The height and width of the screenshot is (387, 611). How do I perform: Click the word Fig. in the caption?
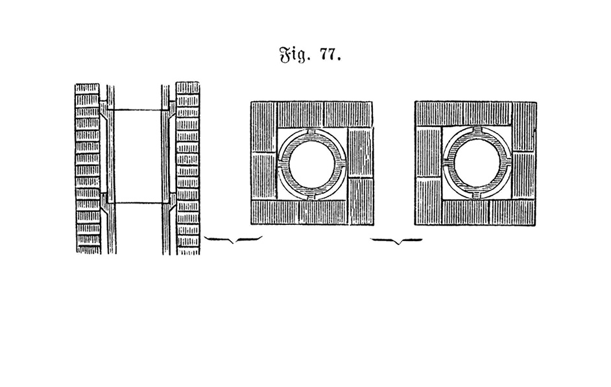tap(294, 55)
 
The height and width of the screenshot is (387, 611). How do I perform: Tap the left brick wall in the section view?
tap(88, 169)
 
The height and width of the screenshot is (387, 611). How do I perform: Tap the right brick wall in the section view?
tap(188, 168)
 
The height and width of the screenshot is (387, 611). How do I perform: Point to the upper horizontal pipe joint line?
tap(138, 110)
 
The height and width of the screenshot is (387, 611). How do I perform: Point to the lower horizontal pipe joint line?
tap(138, 203)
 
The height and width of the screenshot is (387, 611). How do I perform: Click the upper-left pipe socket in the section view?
tap(106, 109)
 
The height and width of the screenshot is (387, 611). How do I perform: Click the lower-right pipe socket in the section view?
tap(169, 202)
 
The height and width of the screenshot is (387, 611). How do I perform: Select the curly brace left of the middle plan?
tap(233, 239)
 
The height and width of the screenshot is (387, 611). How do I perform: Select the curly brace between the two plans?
tap(397, 241)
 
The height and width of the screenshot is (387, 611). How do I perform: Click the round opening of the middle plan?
tap(312, 163)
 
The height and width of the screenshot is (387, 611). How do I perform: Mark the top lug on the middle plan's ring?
tap(312, 133)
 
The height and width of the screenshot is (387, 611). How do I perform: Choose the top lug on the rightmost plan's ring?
tap(477, 131)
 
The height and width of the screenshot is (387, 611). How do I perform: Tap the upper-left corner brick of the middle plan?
tap(263, 126)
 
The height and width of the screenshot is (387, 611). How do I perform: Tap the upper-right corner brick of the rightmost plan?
tap(523, 126)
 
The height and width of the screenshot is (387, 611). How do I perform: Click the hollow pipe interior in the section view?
tap(138, 156)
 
